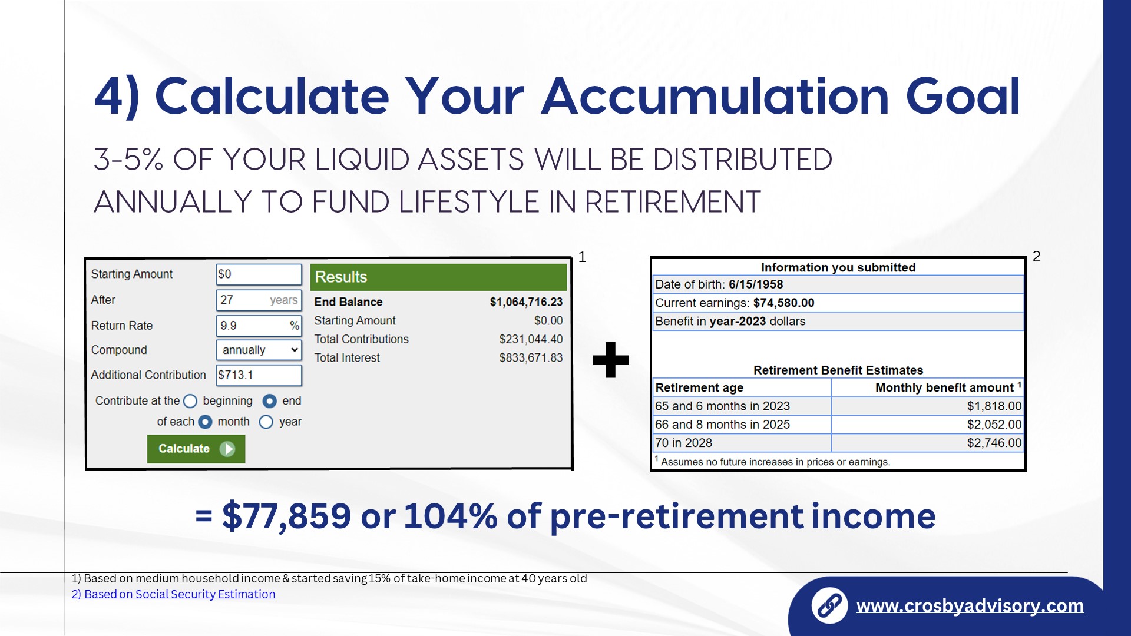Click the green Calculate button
(x=196, y=449)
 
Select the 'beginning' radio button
(x=190, y=401)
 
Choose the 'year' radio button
(x=266, y=422)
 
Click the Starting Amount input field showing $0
(x=259, y=274)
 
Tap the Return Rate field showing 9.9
(x=259, y=325)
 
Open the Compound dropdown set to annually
(x=259, y=350)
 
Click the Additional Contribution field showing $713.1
(x=259, y=375)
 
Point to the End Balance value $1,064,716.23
(x=526, y=302)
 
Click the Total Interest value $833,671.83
(x=531, y=357)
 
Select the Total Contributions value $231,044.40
(x=531, y=339)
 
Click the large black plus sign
(x=610, y=360)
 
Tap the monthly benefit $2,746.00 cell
(x=927, y=443)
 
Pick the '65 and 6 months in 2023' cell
(x=742, y=406)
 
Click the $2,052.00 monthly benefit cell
(x=927, y=425)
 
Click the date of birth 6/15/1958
(x=756, y=284)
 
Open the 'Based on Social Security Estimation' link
(x=174, y=594)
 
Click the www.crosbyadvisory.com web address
(x=970, y=605)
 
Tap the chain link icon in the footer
(x=829, y=605)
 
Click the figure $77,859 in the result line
(x=286, y=516)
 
